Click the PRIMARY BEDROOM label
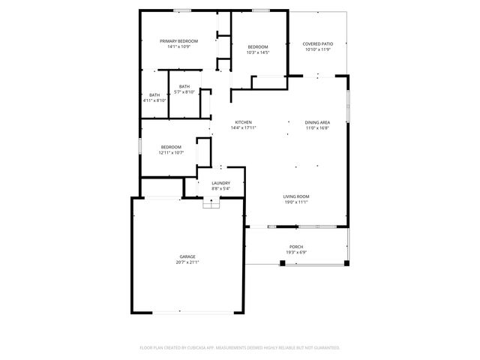178,40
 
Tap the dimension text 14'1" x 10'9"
178,46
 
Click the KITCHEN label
243,122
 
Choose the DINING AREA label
317,122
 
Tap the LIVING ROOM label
296,196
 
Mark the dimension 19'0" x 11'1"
296,202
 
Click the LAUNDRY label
220,183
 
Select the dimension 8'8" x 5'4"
220,189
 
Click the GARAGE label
187,256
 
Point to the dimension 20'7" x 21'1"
187,262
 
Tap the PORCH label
297,247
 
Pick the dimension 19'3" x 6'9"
297,253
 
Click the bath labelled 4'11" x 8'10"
154,100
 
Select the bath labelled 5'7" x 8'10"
184,92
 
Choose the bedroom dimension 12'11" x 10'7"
171,153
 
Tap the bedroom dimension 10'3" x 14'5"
258,52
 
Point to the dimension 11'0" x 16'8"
317,128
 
